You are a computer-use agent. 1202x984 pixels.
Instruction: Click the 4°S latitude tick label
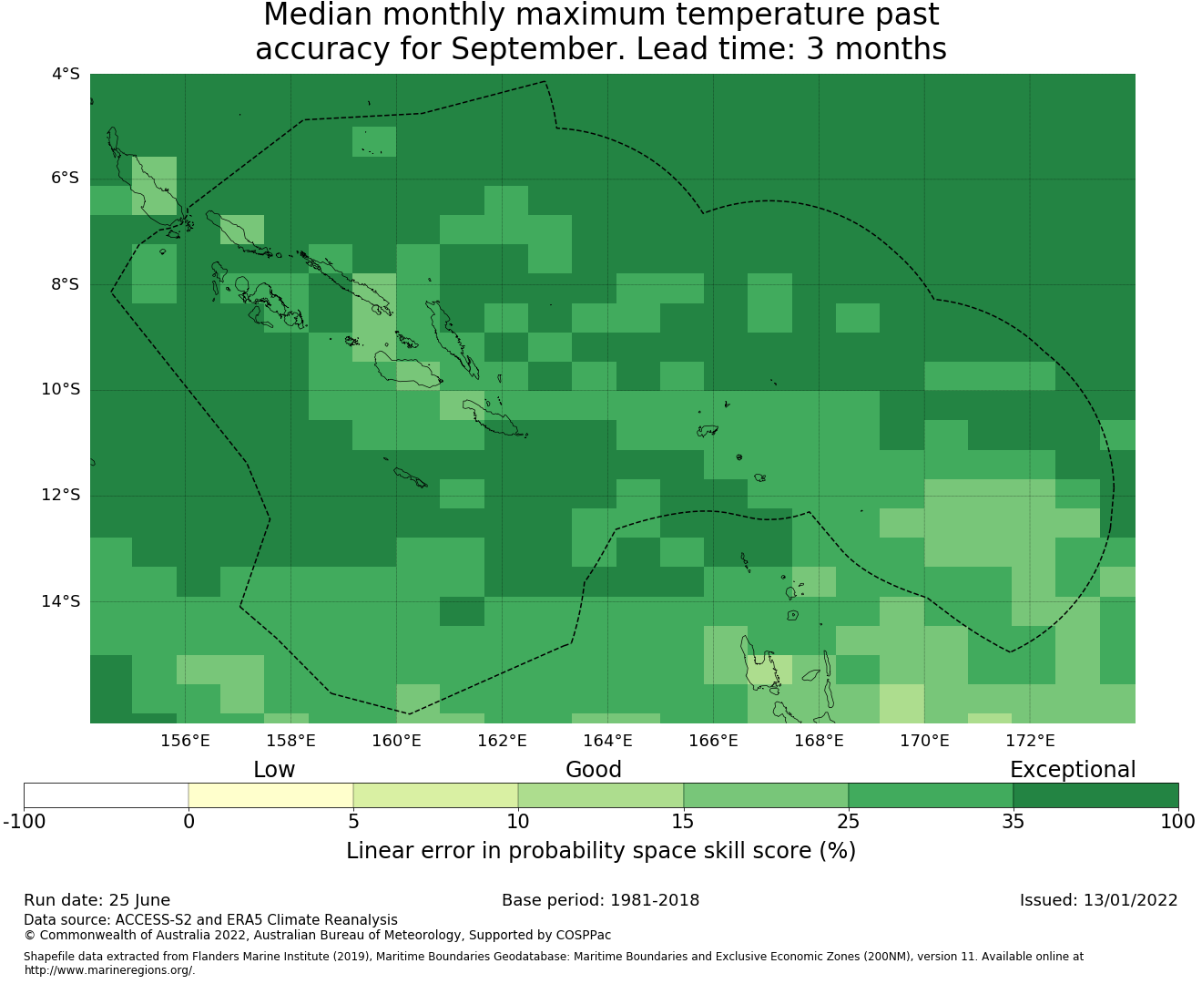click(66, 74)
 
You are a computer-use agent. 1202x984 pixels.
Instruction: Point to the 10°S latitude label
click(60, 390)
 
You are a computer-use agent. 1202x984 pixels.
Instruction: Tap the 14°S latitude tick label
click(60, 601)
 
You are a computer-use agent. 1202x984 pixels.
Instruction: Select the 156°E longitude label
click(185, 741)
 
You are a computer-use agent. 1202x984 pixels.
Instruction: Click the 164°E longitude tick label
click(607, 741)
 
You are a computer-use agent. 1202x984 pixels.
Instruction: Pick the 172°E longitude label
click(1030, 741)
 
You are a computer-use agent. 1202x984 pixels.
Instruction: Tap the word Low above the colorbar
click(274, 770)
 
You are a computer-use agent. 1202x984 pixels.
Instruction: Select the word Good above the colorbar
click(594, 770)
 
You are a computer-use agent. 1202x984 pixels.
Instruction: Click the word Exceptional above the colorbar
click(1073, 770)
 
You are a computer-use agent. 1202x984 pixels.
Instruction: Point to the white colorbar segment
click(106, 795)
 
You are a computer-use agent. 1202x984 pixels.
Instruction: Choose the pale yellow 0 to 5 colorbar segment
click(270, 795)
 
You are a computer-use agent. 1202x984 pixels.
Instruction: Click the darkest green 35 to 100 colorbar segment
click(1095, 795)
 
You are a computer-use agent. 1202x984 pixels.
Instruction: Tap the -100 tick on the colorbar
click(24, 822)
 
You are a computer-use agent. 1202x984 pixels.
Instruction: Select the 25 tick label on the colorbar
click(848, 822)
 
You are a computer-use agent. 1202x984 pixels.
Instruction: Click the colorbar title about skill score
click(601, 851)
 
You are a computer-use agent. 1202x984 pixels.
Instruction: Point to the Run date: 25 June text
click(97, 900)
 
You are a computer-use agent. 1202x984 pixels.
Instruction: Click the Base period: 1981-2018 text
click(600, 900)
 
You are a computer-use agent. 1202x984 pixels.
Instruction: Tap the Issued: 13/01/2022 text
click(1098, 900)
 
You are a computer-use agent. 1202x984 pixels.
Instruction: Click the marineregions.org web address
click(109, 969)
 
